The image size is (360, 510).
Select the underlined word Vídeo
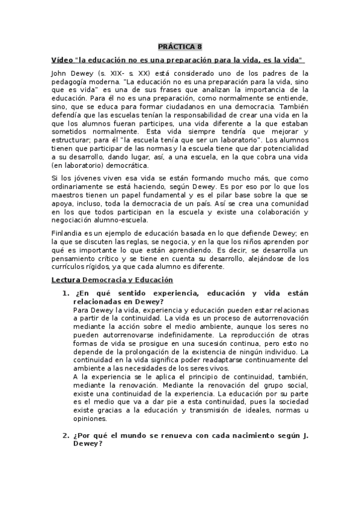click(62, 60)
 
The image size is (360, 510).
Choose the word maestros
click(67, 196)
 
